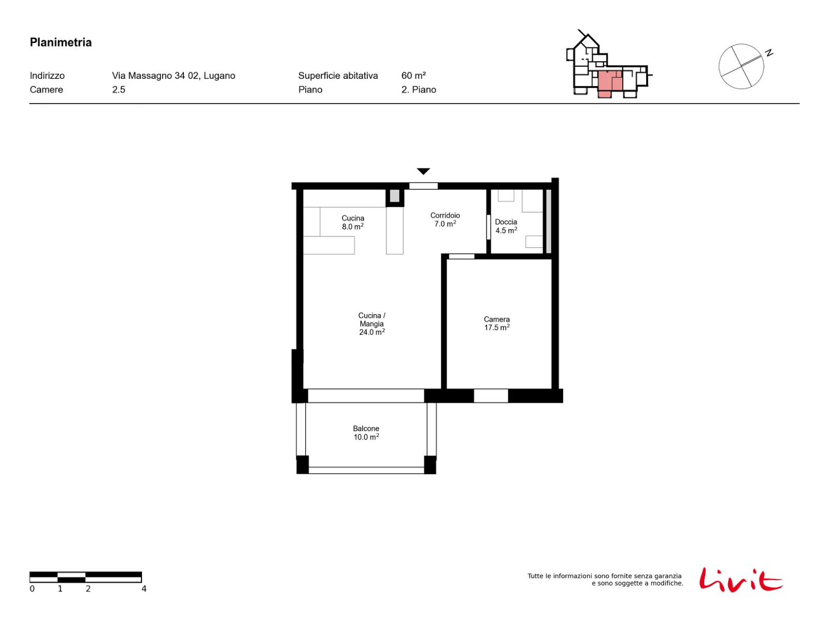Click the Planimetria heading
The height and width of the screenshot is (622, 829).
tap(61, 43)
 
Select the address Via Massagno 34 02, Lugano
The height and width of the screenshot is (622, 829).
tap(174, 76)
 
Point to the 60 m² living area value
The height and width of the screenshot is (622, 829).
tap(413, 76)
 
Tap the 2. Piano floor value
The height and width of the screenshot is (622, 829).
tap(419, 90)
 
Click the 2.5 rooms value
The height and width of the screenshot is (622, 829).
tap(119, 90)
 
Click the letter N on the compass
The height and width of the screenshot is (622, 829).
tap(769, 53)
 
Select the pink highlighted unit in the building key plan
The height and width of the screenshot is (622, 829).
tap(609, 83)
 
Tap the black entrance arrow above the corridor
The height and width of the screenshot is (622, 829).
tap(423, 172)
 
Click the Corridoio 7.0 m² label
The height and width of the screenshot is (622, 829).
tap(445, 219)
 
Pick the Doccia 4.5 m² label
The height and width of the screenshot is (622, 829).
tap(506, 226)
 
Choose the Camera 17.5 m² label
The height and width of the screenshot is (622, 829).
tap(497, 323)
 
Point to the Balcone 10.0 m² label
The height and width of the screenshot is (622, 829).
tap(366, 432)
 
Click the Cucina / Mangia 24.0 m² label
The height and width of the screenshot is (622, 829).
tap(371, 323)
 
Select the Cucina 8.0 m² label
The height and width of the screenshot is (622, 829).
tap(353, 222)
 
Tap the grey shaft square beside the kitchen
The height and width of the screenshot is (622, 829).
tap(394, 196)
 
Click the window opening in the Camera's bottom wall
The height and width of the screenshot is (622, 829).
tap(491, 396)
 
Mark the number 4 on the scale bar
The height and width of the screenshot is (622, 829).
tap(144, 588)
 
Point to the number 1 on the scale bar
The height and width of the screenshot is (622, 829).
tap(60, 588)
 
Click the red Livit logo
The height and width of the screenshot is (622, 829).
tap(740, 579)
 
